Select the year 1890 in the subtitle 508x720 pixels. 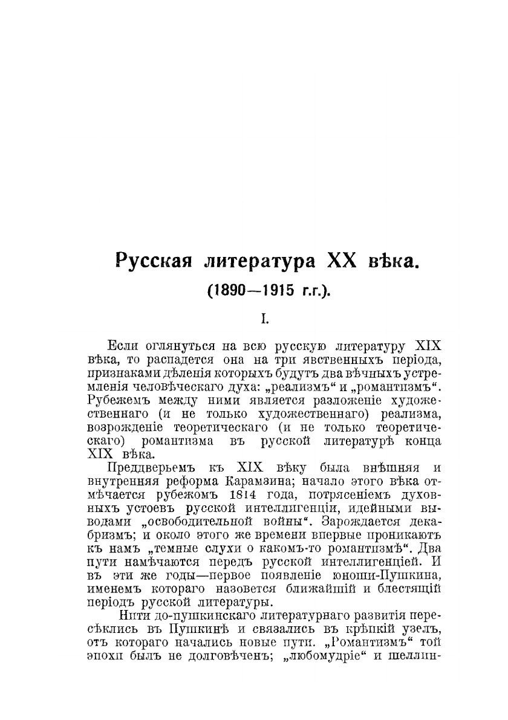point(227,290)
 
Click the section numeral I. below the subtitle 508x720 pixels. point(264,317)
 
